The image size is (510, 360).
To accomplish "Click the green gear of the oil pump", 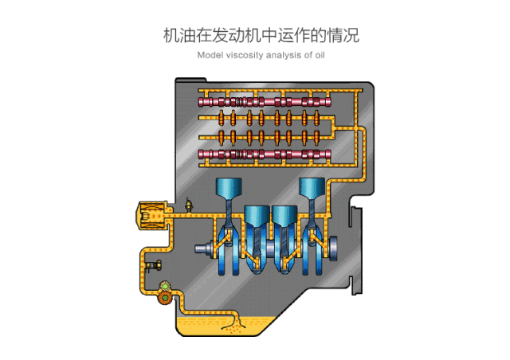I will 163,288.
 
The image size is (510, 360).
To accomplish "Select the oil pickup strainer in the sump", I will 233,323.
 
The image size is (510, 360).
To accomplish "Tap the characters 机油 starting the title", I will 176,35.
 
